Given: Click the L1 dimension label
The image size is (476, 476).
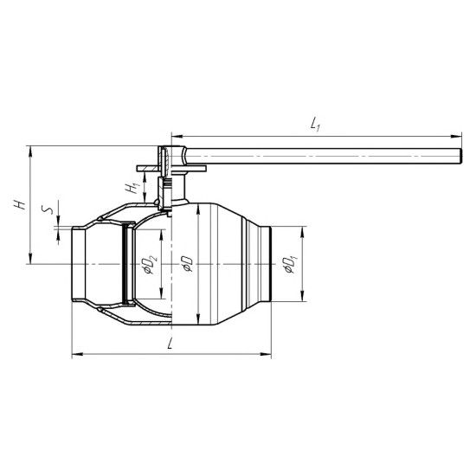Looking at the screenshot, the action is coord(315,125).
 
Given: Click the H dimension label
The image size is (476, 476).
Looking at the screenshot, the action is coord(19,204).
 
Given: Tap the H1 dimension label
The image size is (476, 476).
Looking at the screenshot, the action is coord(132,188).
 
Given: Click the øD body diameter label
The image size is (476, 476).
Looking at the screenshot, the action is coord(187,264).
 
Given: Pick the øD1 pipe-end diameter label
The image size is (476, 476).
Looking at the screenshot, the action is coord(291,265).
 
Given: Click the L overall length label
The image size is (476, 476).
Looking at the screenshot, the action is coord(170,344).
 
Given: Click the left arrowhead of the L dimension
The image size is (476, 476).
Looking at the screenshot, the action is coord(77,354).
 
